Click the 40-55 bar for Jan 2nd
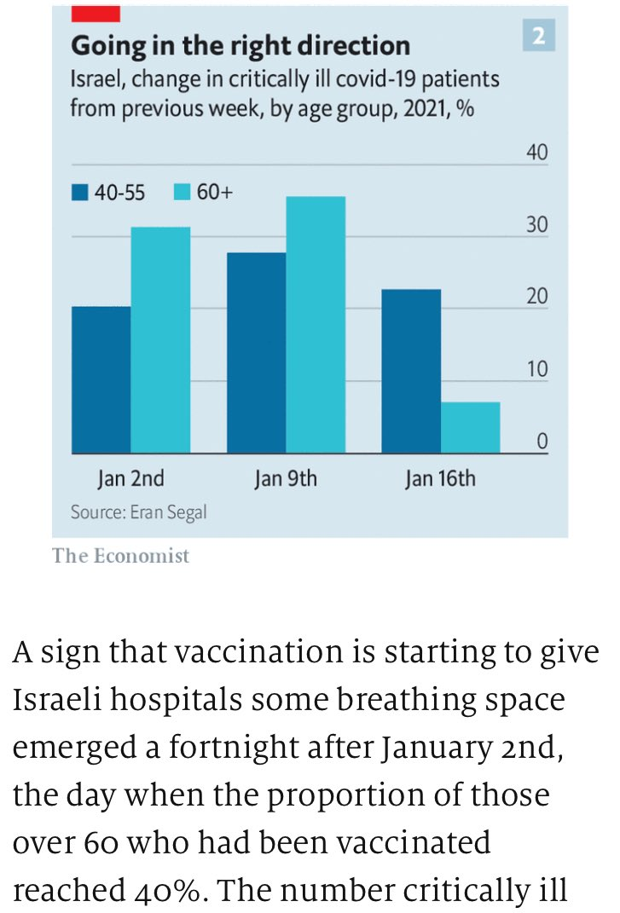pos(101,379)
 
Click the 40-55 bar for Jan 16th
pos(411,371)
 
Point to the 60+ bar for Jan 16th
pos(471,427)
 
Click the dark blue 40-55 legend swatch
pos(80,193)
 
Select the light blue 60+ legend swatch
pos(183,193)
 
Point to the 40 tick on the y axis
pos(536,153)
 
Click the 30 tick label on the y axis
pos(536,226)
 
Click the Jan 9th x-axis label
pos(286,478)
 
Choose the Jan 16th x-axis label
pos(440,478)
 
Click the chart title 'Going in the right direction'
pos(240,45)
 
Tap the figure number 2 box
pos(539,38)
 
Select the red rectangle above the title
pos(95,13)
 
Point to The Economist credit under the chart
pos(120,556)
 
